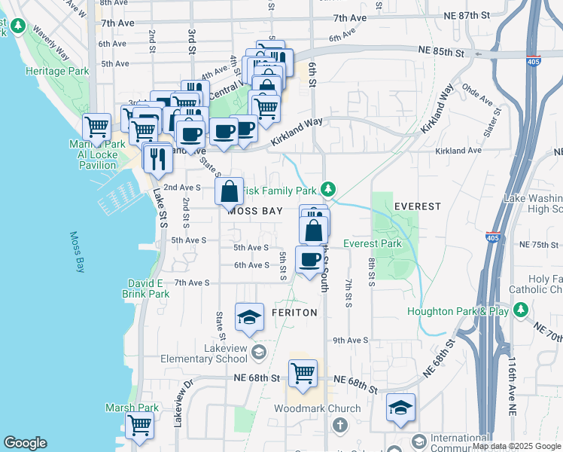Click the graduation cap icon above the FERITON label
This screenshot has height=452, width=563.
[x=249, y=317]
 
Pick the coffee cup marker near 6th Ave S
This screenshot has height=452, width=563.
[x=309, y=260]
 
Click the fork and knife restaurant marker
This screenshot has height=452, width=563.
[x=157, y=158]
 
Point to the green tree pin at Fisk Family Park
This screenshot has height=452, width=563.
[x=327, y=188]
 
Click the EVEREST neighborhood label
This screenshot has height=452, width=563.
[x=417, y=206]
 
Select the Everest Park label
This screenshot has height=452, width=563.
[x=372, y=243]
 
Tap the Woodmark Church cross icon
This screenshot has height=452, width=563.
[x=339, y=425]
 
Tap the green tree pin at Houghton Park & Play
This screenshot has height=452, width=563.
[x=520, y=310]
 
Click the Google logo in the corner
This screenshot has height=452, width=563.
[x=25, y=443]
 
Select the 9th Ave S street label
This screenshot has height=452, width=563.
[x=349, y=340]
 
